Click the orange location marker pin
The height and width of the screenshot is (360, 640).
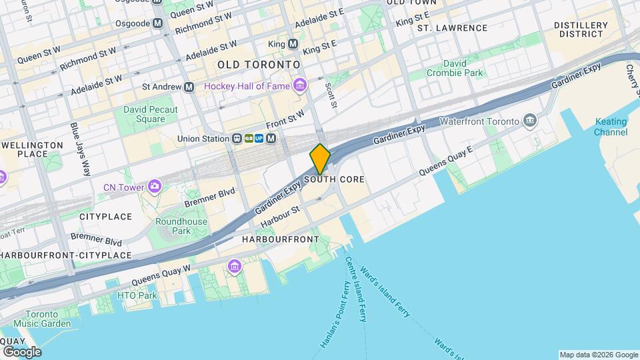[x=320, y=159]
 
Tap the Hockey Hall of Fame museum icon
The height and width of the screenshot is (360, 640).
[x=300, y=85]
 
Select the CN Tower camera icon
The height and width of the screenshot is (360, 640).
[x=155, y=185]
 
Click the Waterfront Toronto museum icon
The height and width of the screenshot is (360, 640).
[x=531, y=121]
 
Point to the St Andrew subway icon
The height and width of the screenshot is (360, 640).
[x=189, y=87]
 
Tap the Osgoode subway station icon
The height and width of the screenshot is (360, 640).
[x=157, y=23]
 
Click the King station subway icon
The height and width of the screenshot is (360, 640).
[x=293, y=44]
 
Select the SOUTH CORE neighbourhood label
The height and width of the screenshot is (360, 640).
[x=335, y=180]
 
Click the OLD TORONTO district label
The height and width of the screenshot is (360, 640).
[x=259, y=65]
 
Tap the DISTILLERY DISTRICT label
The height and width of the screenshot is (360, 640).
[x=581, y=29]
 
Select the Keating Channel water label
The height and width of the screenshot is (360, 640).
[x=611, y=127]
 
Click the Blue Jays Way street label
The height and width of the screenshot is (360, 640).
[x=80, y=149]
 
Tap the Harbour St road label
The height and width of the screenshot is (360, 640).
[x=281, y=214]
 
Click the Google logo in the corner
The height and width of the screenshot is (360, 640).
[x=22, y=351]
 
